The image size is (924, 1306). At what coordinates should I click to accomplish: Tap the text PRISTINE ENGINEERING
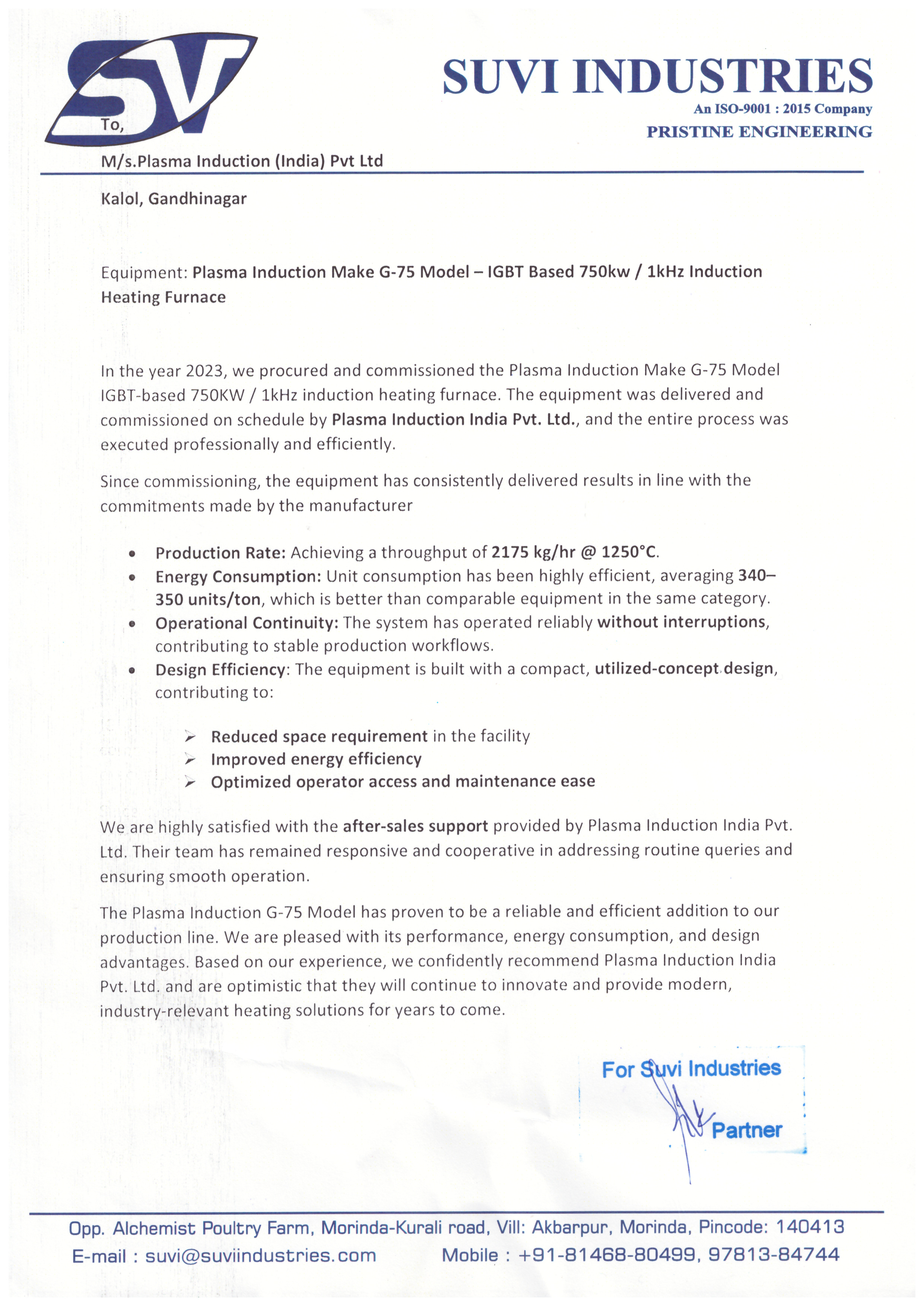[759, 132]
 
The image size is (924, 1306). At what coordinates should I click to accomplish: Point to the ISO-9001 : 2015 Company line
[782, 109]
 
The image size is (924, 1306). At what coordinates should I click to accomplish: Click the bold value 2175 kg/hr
[533, 552]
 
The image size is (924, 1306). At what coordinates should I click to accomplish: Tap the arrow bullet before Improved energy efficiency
[190, 760]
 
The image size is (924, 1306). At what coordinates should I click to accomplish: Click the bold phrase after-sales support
[415, 826]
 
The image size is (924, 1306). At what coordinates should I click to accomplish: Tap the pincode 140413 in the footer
[810, 1227]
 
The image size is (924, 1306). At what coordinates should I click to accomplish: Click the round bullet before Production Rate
[132, 553]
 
